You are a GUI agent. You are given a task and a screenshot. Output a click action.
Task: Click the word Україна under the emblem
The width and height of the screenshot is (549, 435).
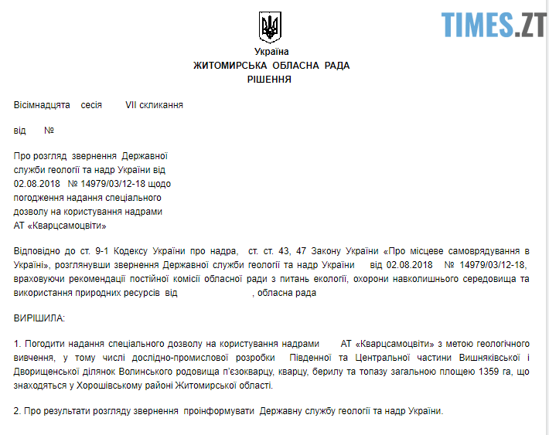click(x=271, y=52)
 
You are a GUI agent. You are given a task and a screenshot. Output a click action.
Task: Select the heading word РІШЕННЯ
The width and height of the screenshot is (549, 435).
click(x=270, y=79)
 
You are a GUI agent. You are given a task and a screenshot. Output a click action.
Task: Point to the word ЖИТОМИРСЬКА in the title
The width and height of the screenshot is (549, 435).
click(x=228, y=66)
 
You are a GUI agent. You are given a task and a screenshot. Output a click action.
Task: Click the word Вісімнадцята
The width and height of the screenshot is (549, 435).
click(x=42, y=104)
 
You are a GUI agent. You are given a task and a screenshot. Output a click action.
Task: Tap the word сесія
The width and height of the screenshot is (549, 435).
click(x=91, y=104)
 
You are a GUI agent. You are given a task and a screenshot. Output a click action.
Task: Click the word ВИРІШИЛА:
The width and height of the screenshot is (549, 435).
click(x=39, y=318)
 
